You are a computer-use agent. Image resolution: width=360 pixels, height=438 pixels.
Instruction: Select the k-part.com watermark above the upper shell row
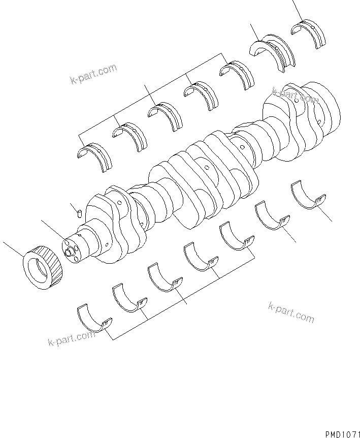tap(93, 74)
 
